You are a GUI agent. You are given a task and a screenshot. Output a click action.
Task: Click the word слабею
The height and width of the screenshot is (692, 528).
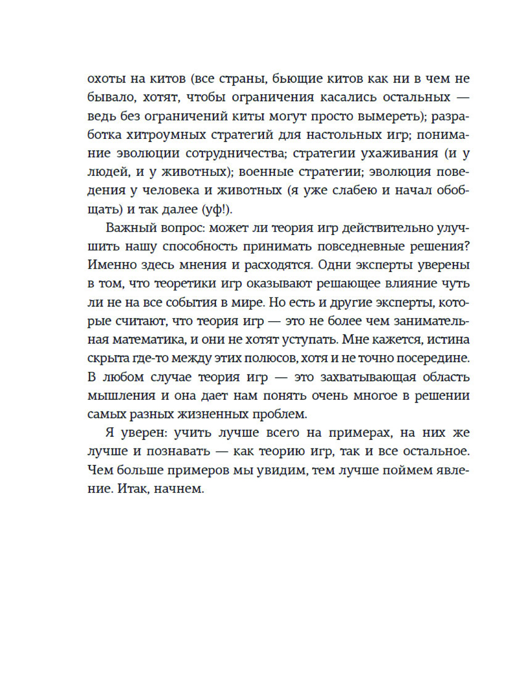[352, 190]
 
